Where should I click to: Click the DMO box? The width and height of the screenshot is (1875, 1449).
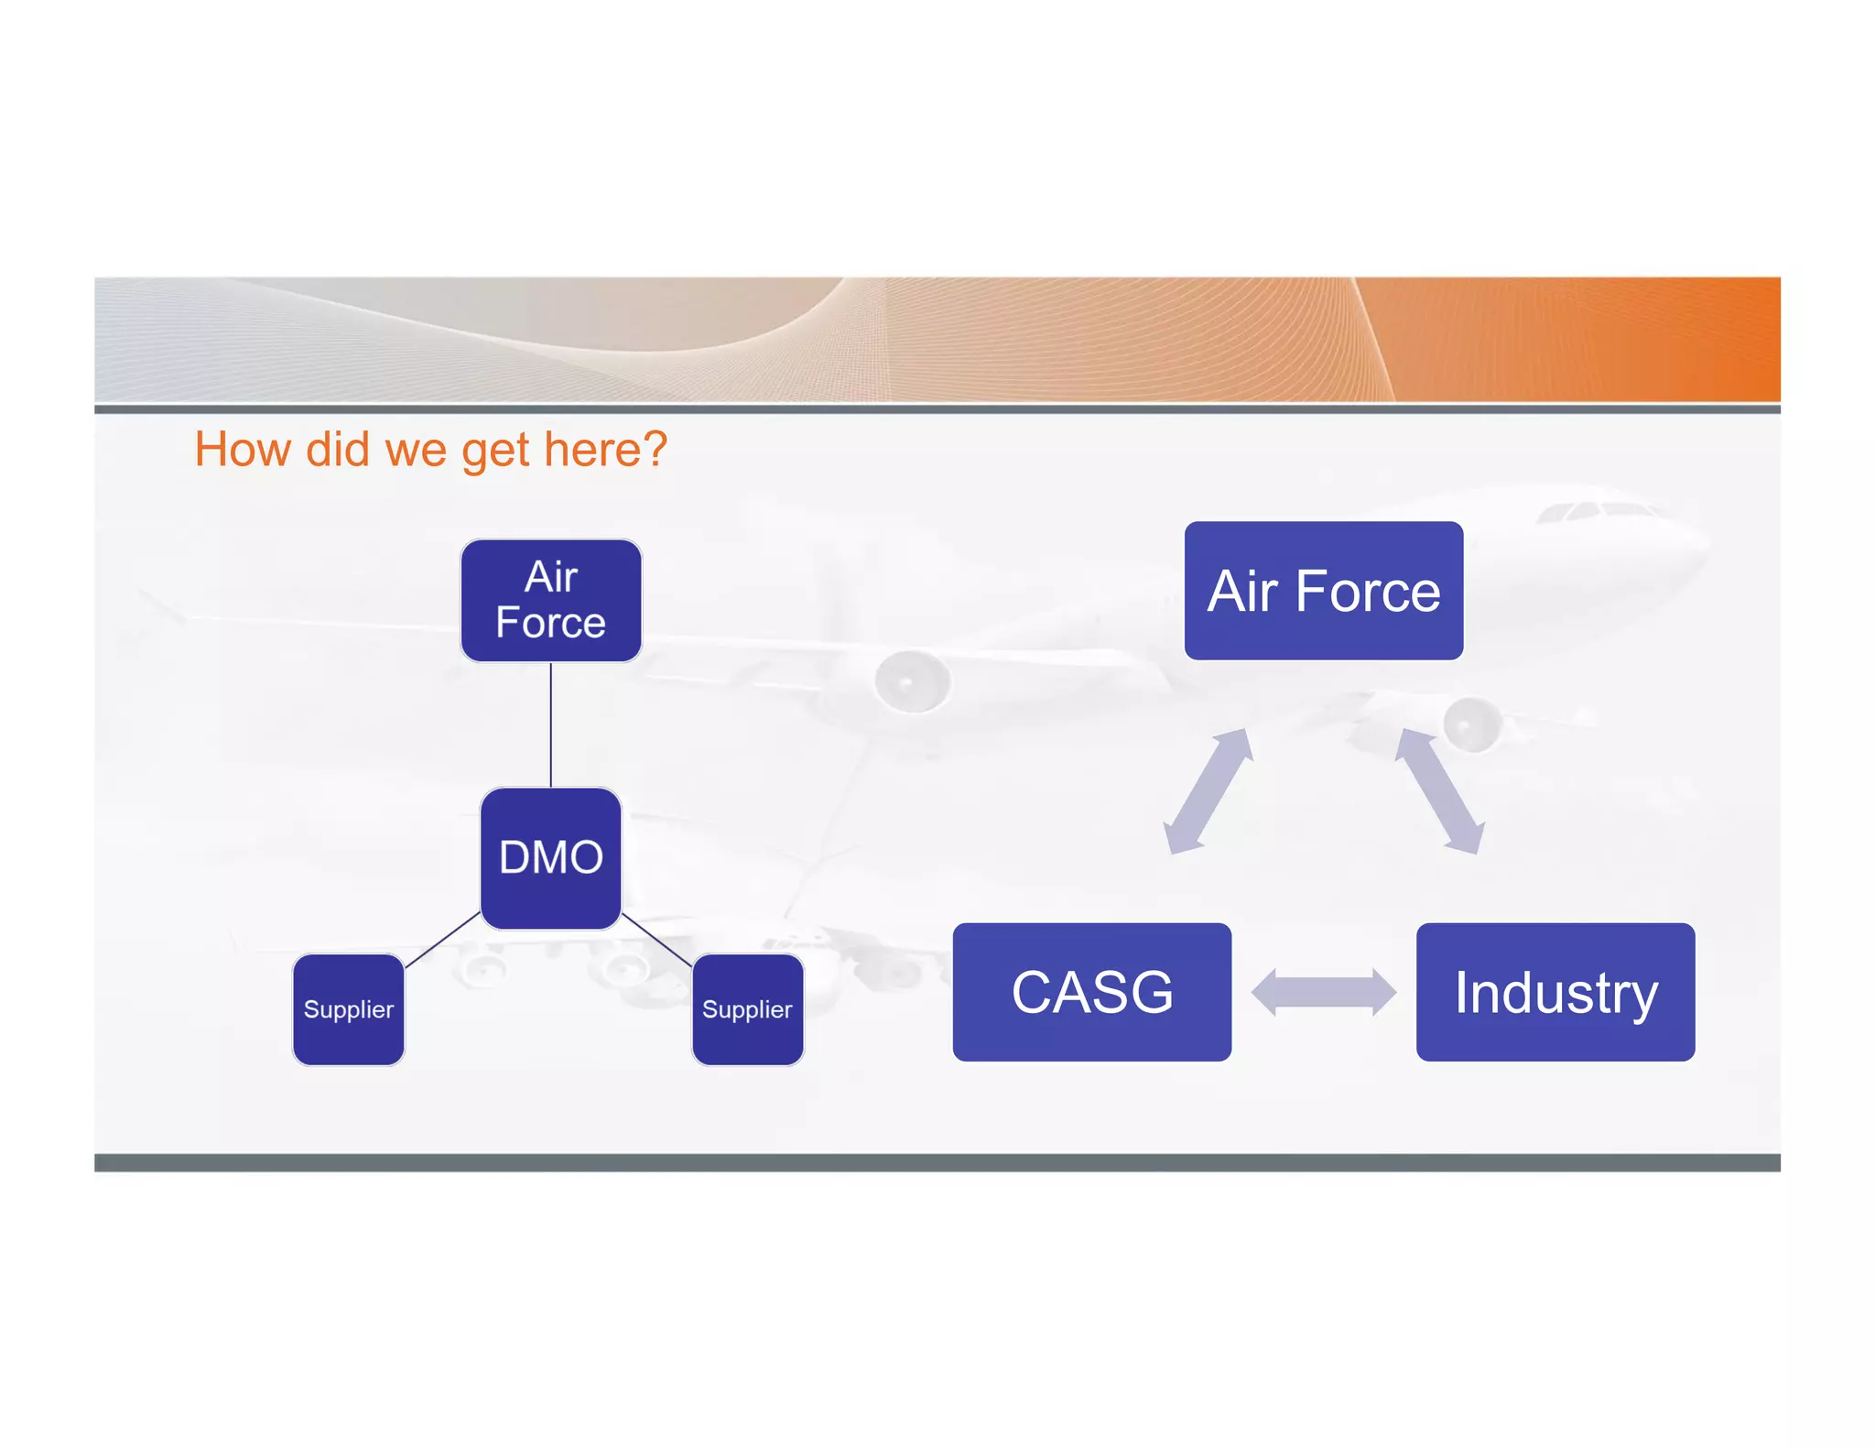point(550,858)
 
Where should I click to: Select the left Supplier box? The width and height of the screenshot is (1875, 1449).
point(348,1009)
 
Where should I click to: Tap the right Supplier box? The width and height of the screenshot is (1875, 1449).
point(747,1009)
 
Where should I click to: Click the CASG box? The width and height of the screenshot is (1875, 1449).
point(1091,992)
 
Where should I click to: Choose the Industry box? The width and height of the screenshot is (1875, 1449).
point(1555,992)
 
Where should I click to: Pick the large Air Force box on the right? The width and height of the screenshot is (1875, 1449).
point(1323,591)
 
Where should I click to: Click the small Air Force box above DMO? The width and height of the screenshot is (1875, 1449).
point(550,600)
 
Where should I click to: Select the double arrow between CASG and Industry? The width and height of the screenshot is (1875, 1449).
point(1323,992)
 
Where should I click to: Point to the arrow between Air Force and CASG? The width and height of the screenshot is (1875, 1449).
point(1207,791)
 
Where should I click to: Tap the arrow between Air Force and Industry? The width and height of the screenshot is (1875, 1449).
point(1439,791)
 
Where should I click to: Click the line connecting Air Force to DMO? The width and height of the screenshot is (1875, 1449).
point(550,724)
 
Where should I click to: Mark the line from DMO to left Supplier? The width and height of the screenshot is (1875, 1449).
point(442,940)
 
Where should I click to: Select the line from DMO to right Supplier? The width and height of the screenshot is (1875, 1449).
point(657,940)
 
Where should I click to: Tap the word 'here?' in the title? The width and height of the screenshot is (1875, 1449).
point(605,450)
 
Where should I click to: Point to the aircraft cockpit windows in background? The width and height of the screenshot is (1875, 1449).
point(1598,511)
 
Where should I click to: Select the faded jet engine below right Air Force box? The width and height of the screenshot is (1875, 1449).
point(1472,724)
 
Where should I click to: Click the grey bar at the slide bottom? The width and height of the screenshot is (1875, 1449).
point(937,1162)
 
